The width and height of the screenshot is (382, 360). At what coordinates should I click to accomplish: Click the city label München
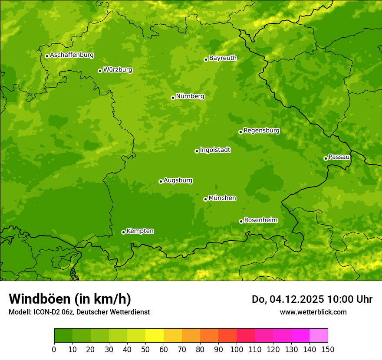click(222, 198)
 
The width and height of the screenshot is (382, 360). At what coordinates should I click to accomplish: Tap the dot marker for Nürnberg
click(173, 98)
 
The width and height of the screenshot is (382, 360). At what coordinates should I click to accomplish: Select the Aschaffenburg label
click(72, 55)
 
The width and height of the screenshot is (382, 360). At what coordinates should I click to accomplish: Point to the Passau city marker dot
click(326, 158)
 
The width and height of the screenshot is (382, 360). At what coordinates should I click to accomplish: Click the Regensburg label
click(261, 131)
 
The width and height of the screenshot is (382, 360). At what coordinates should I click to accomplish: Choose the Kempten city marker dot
click(123, 232)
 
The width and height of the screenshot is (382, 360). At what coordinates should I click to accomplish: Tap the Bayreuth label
click(223, 58)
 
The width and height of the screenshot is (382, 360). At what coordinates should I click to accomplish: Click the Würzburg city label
click(118, 70)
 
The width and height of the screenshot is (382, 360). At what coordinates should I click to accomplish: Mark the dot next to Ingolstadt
click(197, 151)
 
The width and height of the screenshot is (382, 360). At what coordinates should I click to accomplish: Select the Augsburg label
click(178, 180)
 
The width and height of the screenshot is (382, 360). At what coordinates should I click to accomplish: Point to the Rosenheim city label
click(260, 220)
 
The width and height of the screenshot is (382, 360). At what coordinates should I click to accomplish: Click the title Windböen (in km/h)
click(69, 299)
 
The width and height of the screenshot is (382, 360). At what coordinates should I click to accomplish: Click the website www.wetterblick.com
click(313, 312)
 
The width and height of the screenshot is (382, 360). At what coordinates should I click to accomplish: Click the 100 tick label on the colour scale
click(237, 350)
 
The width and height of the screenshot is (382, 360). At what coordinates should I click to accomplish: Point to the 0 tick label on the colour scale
click(54, 350)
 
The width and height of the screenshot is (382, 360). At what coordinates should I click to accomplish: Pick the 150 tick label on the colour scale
click(328, 350)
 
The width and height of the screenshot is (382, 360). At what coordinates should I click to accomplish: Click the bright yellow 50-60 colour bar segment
click(155, 336)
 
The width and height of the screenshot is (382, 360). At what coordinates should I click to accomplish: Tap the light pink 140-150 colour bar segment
click(319, 336)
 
